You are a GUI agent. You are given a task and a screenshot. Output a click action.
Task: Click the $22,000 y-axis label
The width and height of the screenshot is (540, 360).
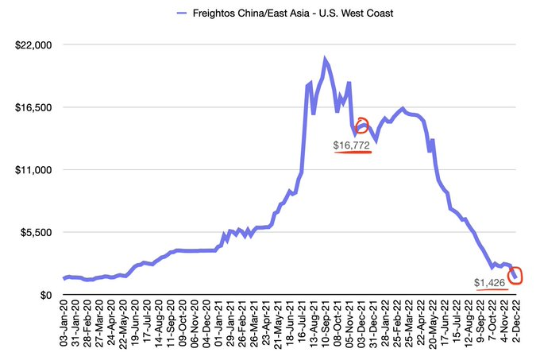pyautogui.click(x=33, y=45)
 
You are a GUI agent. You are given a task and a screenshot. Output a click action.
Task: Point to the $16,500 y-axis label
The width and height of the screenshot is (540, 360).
pyautogui.click(x=33, y=107)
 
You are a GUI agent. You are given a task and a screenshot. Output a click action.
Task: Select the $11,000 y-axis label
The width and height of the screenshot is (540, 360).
pyautogui.click(x=33, y=170)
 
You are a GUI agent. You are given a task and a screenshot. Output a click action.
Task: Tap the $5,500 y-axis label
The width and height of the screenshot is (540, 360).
pyautogui.click(x=37, y=233)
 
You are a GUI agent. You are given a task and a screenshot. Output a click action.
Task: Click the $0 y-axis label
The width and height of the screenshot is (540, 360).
pyautogui.click(x=46, y=296)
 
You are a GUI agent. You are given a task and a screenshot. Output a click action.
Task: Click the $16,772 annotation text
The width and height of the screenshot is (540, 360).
pyautogui.click(x=351, y=145)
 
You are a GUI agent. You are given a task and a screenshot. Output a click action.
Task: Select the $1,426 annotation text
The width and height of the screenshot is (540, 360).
pyautogui.click(x=489, y=283)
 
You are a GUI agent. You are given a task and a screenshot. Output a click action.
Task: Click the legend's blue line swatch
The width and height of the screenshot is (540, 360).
pyautogui.click(x=182, y=14)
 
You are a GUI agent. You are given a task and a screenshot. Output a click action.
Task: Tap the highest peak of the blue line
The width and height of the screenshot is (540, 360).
pyautogui.click(x=325, y=59)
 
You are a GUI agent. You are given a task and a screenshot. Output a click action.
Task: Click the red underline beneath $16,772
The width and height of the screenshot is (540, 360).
pyautogui.click(x=353, y=152)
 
